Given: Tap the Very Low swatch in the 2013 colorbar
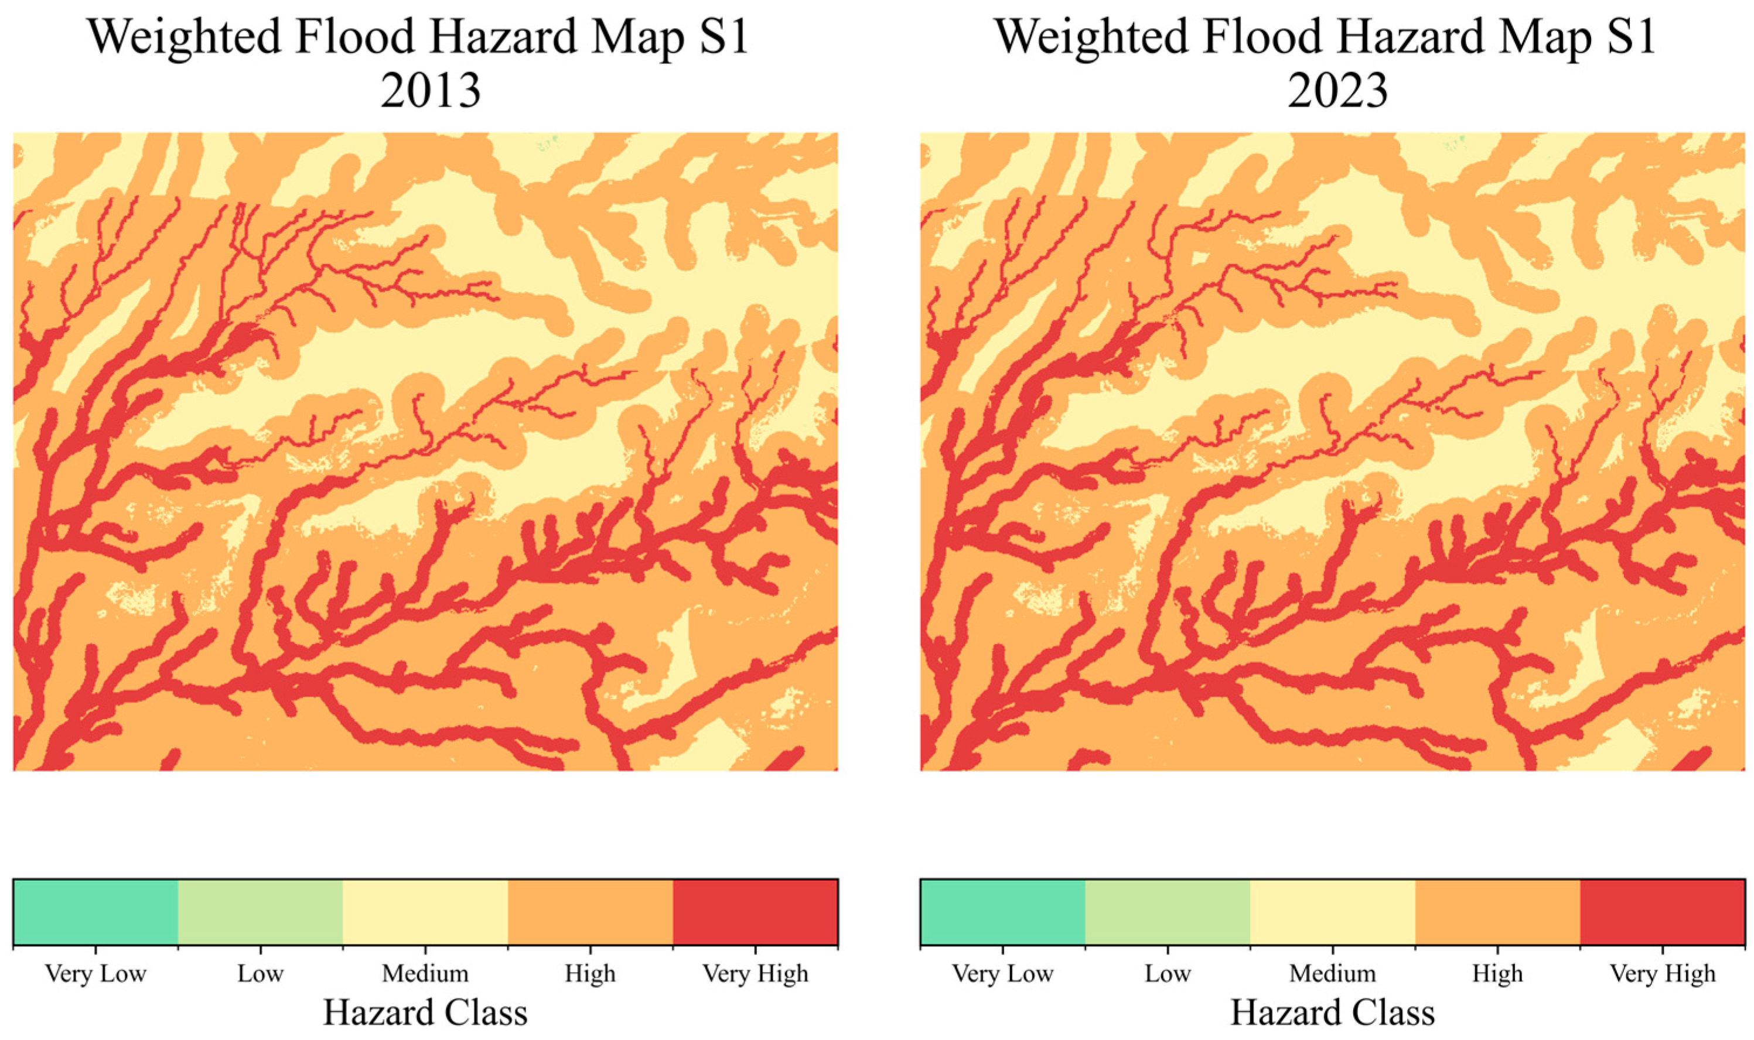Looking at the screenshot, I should [x=95, y=912].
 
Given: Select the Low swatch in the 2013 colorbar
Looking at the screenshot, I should [x=260, y=912].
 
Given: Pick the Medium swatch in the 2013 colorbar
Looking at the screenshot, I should [x=425, y=912].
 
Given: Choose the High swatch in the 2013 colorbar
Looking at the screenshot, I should [x=591, y=912].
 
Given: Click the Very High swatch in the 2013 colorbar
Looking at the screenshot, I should [x=755, y=912].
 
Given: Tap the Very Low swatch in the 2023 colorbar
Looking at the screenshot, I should [x=1002, y=912].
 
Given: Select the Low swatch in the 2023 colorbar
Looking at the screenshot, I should [x=1167, y=912].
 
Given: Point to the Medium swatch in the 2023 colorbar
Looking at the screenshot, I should [x=1332, y=912].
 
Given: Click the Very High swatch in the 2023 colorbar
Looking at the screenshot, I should [x=1662, y=912].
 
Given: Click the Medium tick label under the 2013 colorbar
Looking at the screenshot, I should [x=425, y=973].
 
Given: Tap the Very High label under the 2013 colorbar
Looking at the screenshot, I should [x=755, y=973].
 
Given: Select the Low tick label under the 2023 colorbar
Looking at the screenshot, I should [x=1167, y=973].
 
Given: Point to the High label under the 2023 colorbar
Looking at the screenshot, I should [x=1497, y=973].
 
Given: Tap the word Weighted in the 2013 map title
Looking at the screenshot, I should [x=184, y=36].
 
